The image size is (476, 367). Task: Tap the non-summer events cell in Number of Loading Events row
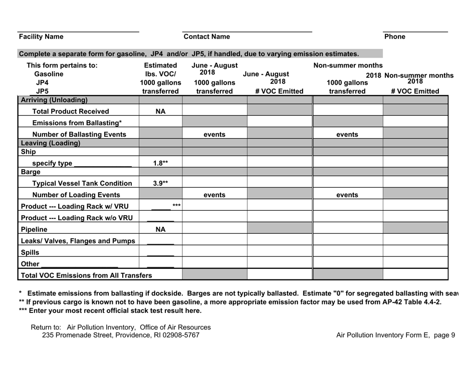click(x=347, y=195)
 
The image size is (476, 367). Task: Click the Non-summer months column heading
click(x=348, y=65)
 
